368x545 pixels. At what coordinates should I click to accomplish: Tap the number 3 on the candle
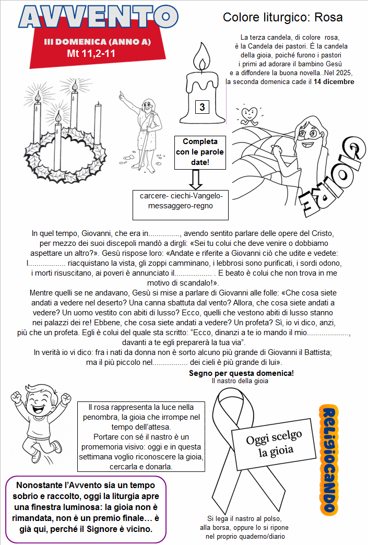pos(201,108)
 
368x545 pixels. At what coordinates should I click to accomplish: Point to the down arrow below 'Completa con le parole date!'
pos(196,179)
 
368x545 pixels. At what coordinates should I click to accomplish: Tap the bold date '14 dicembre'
pos(334,81)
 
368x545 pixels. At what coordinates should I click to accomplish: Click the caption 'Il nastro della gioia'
pos(240,381)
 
